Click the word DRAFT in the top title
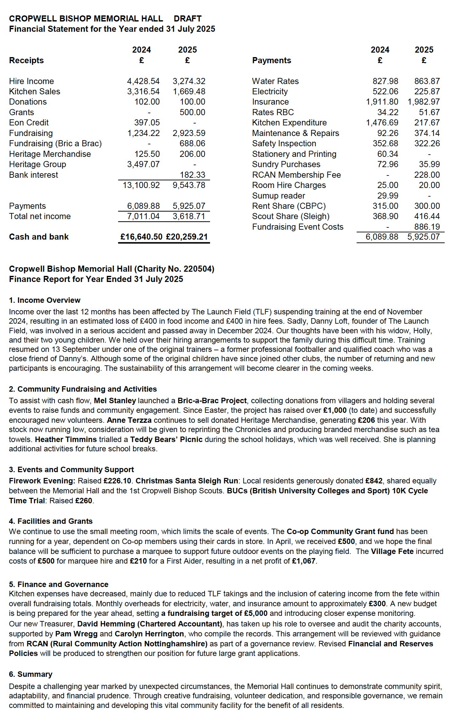pos(188,19)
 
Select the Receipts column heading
pos(26,60)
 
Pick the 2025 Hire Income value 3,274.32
pos(189,81)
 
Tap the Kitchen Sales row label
pos(34,91)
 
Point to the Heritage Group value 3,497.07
pos(143,164)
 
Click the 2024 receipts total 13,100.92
pos(141,185)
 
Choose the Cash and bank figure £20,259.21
pos(187,237)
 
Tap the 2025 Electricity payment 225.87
pos(427,91)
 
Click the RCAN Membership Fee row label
pos(296,175)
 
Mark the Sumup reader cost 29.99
pos(388,196)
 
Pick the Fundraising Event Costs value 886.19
pos(427,227)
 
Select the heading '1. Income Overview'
pos(45,300)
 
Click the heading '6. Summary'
pos(30,674)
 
